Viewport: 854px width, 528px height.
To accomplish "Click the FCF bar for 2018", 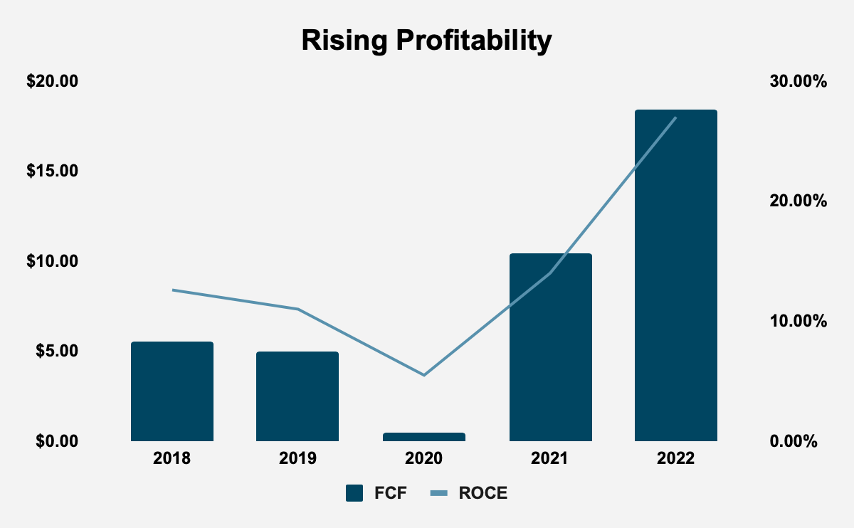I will tap(172, 391).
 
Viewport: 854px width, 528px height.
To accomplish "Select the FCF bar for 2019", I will tap(297, 396).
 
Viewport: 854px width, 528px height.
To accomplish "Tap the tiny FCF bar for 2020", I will tap(424, 437).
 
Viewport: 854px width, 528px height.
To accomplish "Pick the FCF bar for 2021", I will tap(550, 347).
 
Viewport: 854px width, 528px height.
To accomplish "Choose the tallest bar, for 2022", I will tap(675, 275).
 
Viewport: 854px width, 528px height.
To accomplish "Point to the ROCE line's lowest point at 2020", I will tap(424, 375).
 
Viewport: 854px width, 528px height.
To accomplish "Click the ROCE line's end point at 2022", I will tap(675, 117).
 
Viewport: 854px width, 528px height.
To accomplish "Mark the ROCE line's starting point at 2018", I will tap(172, 290).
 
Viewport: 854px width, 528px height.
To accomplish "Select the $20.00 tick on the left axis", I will tap(52, 81).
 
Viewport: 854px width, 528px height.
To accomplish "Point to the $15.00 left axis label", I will tap(52, 171).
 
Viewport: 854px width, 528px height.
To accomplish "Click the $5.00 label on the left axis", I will tap(56, 352).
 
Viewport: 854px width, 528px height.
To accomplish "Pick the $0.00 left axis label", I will tap(56, 441).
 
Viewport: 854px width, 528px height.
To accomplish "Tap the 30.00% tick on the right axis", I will tap(798, 81).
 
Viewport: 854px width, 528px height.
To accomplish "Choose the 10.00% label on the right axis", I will tap(798, 321).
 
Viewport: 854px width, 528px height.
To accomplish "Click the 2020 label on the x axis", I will tap(424, 458).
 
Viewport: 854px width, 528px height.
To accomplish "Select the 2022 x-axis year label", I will tap(675, 458).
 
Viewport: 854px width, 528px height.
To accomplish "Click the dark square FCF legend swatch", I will tap(355, 493).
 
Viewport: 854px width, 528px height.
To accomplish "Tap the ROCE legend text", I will tap(483, 493).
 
